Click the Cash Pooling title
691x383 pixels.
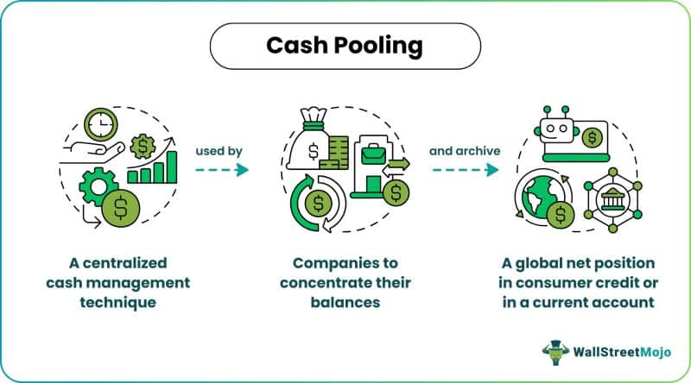coord(345,46)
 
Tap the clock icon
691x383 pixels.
coord(101,124)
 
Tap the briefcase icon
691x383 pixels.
coord(373,154)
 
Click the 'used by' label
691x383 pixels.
coord(219,152)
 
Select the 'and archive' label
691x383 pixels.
coord(465,151)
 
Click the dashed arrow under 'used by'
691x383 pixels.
coord(222,170)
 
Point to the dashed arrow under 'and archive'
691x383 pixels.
coord(465,170)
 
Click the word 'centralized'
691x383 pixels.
coord(124,263)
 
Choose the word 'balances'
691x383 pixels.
coord(345,303)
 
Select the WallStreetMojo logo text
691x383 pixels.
coord(622,352)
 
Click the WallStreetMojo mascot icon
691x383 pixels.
coord(555,352)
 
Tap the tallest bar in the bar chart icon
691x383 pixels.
coord(172,166)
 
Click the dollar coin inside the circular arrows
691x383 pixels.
coord(318,204)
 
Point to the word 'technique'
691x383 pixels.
coord(117,303)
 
